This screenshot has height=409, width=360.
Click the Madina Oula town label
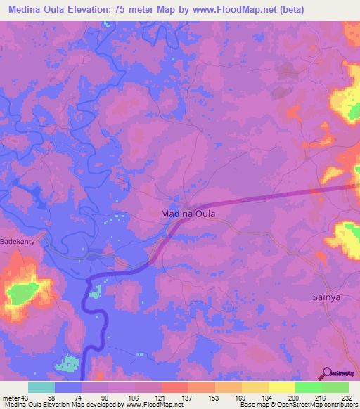click(x=188, y=213)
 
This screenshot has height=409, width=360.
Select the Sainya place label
click(x=327, y=297)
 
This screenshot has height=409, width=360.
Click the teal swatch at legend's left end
click(x=41, y=387)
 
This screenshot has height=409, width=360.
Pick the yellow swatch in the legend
click(x=281, y=387)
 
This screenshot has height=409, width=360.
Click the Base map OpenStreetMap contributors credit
click(x=298, y=405)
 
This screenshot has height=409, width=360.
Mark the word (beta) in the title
click(x=337, y=9)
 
